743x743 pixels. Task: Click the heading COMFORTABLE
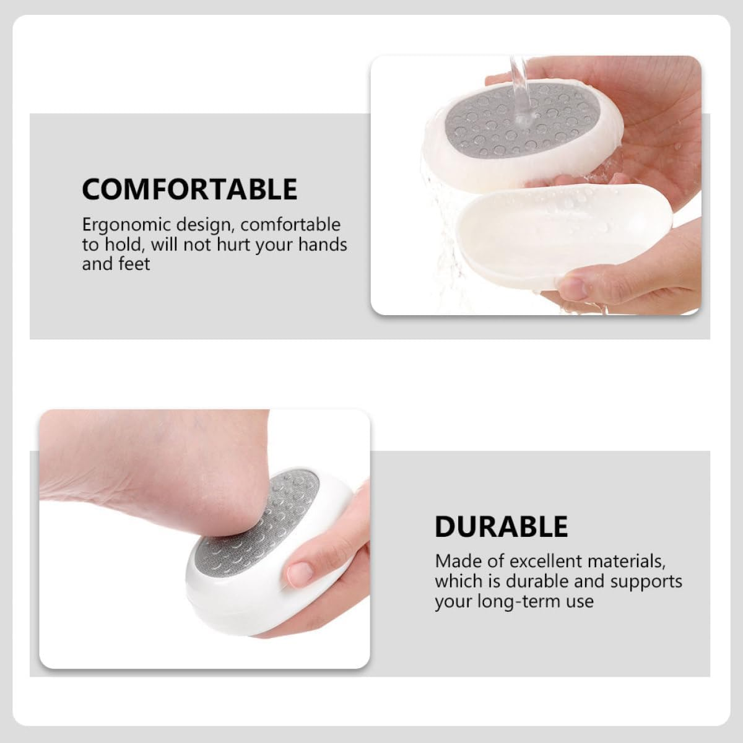click(189, 189)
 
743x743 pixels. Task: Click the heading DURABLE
click(501, 526)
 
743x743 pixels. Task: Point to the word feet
click(133, 264)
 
